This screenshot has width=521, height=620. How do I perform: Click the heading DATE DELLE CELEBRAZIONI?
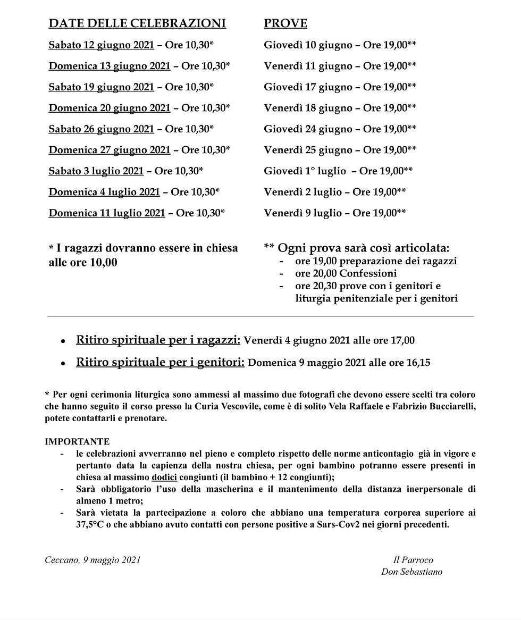coord(137,23)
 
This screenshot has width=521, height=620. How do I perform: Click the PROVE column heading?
coord(285,23)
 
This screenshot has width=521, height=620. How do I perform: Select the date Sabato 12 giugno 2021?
coord(101,45)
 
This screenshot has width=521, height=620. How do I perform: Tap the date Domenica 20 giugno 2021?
coord(110,108)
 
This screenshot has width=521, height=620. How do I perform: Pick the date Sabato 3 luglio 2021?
coord(96,171)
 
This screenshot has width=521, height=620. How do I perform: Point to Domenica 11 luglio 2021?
coord(107,213)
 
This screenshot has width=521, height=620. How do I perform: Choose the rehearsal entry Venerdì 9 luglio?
coord(302,213)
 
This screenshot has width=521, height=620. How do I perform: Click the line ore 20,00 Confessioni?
coord(346,274)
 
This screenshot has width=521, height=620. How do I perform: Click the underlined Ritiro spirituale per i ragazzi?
coord(158,340)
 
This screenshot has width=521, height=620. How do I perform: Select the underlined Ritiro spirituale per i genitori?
coord(160,363)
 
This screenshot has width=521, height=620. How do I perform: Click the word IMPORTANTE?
coord(77,441)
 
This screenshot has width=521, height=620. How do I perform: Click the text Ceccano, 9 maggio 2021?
coord(93,560)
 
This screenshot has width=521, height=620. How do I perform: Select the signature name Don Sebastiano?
coord(411,572)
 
